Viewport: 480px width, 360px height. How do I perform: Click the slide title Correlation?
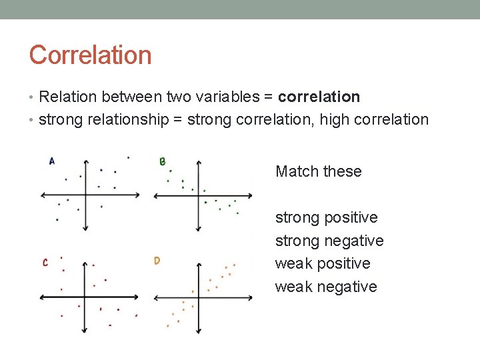(90, 55)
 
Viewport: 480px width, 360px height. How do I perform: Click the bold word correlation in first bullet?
(319, 97)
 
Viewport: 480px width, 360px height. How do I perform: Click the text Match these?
(318, 171)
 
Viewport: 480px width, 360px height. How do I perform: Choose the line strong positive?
(326, 217)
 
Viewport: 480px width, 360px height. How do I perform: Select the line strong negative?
(329, 241)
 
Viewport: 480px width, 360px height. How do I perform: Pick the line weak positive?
(322, 263)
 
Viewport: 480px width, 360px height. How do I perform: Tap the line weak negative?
(325, 287)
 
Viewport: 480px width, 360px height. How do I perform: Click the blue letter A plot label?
(52, 161)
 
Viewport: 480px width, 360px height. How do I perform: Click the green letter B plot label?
(162, 161)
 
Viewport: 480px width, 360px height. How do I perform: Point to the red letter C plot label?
(45, 263)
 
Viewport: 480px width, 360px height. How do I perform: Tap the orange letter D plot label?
(157, 261)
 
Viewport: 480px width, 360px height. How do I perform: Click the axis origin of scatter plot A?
(85, 195)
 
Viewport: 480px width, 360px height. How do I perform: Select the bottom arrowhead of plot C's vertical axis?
(84, 331)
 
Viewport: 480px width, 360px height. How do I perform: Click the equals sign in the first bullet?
(267, 97)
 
